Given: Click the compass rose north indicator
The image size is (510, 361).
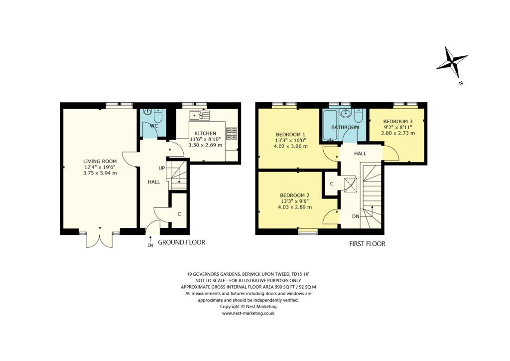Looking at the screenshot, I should pos(452,63).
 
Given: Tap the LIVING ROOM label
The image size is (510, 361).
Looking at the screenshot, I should pos(100,161).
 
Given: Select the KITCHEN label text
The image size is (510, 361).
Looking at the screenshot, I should pos(205,133).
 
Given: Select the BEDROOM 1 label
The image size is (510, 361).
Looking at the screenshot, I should pos(291,135).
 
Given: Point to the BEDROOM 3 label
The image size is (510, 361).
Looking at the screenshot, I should pos(398,122).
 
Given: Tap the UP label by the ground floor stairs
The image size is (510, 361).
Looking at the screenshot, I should pos(162,168).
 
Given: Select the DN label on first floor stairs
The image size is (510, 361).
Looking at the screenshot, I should pos(355,216).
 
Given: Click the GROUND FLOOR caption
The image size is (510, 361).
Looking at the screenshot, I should pos(181,242).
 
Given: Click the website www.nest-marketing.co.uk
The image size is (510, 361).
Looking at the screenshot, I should pos(248,313).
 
